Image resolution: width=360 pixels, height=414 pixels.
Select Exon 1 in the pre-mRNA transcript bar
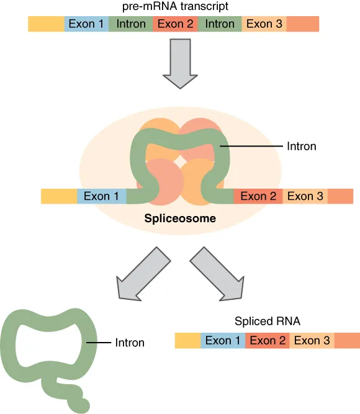pos(86,24)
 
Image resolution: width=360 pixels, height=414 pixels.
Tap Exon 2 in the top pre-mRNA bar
pos(176,24)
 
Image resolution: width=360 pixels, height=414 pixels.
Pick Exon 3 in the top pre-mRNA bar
pos(264,24)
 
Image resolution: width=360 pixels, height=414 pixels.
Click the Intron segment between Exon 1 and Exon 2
pos(131,24)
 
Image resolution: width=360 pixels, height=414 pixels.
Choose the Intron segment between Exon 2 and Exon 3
pos(220,24)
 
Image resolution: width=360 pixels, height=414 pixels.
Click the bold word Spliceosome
pos(180,218)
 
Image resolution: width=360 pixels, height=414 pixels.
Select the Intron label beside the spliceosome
pos(301,146)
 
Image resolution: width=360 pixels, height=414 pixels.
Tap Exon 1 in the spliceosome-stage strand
pos(102,196)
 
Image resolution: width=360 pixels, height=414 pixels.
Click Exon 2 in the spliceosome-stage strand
pos(258,196)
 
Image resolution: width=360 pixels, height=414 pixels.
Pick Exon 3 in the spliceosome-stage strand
pos(305,196)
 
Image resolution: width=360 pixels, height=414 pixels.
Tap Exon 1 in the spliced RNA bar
pos(223,341)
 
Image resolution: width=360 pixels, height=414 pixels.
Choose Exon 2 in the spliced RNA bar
pos(268,341)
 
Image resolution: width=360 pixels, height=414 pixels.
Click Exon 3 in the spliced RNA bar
pos(312,341)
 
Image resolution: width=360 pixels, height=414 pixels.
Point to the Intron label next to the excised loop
pos(130,343)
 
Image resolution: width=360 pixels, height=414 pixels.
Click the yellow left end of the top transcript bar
pos(46,24)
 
